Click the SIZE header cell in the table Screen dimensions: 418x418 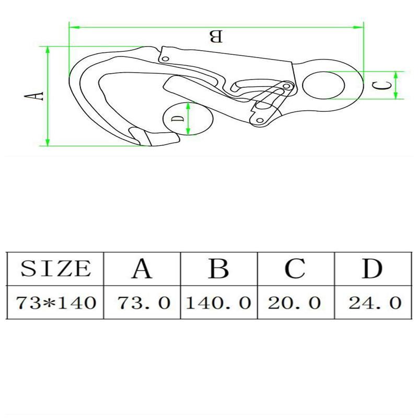click(x=55, y=269)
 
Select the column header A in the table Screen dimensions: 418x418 click(x=141, y=269)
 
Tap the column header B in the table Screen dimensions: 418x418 click(x=218, y=269)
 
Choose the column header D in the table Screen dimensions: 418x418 click(x=372, y=269)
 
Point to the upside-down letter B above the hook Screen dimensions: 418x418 click(x=216, y=37)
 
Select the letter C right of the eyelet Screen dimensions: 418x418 click(x=384, y=85)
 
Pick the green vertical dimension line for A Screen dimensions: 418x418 click(x=48, y=96)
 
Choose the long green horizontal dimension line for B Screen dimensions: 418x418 click(x=216, y=26)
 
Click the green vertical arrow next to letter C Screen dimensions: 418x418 click(x=397, y=85)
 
